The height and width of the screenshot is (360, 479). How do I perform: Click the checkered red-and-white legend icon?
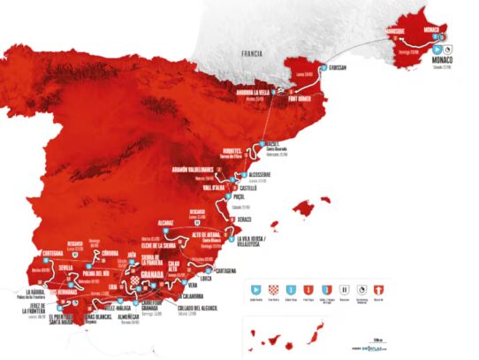click(x=273, y=288)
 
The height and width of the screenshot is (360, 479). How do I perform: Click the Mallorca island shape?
click(x=303, y=209)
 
